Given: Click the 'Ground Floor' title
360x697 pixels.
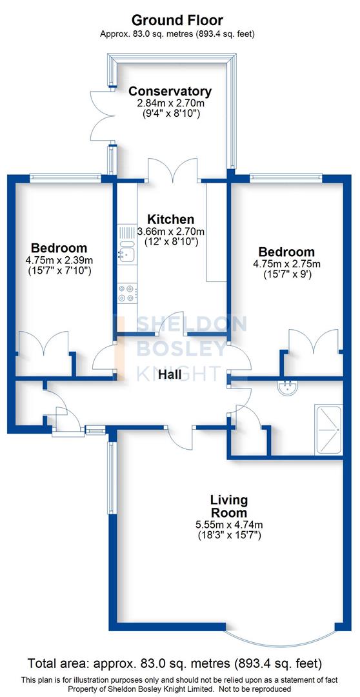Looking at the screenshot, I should tap(179, 20).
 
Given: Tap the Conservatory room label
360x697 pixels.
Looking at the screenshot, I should tap(169, 92).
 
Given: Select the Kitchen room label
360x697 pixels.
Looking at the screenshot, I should tap(170, 219).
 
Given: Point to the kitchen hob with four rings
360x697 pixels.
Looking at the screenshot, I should tap(126, 294).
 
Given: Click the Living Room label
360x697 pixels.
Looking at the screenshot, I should tap(229, 505).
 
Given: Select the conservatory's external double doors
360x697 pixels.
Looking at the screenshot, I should tap(100, 116).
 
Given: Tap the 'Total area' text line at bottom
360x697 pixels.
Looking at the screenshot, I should tap(174, 663).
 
